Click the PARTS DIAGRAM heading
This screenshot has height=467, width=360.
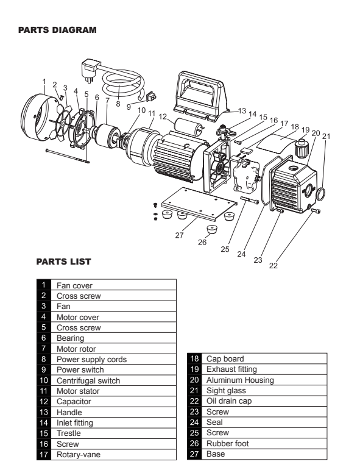tap(57, 29)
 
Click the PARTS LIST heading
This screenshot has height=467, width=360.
tap(63, 262)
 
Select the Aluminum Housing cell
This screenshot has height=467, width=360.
tap(240, 380)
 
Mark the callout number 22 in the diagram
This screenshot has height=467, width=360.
tap(272, 265)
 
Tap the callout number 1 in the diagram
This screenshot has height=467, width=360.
tap(44, 80)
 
